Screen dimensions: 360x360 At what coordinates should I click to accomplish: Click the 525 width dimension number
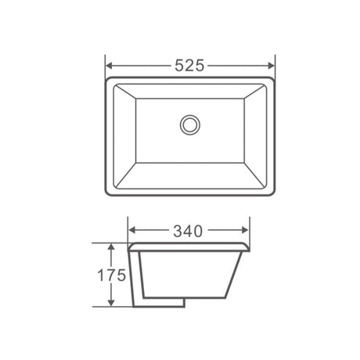[189, 66]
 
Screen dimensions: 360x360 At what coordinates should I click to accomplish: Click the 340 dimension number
[188, 231]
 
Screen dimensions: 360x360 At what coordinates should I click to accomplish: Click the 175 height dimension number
[111, 275]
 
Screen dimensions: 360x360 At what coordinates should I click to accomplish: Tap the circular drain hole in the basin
[190, 124]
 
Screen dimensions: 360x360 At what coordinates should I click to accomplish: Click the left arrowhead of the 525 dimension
[110, 66]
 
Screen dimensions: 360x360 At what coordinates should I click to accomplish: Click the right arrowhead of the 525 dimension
[271, 66]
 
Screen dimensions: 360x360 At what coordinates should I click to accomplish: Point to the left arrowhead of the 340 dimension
[132, 230]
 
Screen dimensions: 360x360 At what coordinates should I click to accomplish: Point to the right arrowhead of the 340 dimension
[245, 230]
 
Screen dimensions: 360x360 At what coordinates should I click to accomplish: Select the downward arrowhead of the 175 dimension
[111, 302]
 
